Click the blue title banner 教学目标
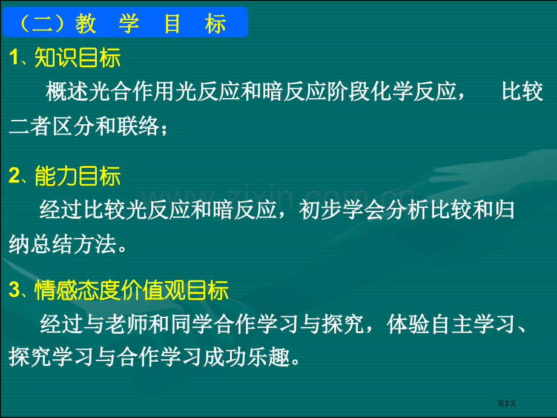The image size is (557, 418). click(125, 22)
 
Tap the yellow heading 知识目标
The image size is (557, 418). click(77, 58)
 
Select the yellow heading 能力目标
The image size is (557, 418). click(77, 176)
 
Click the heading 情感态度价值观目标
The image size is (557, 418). click(131, 290)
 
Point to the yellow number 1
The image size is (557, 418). click(14, 57)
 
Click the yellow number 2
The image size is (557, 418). click(15, 176)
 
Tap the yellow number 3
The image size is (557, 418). click(15, 290)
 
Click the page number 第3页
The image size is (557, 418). click(506, 403)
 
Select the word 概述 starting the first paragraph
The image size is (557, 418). click(67, 91)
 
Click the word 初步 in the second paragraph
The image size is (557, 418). click(320, 210)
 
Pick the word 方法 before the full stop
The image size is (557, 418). click(95, 244)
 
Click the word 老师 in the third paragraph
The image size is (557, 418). click(127, 324)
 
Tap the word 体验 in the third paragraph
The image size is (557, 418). click(409, 324)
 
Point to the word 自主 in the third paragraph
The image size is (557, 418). click(452, 324)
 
